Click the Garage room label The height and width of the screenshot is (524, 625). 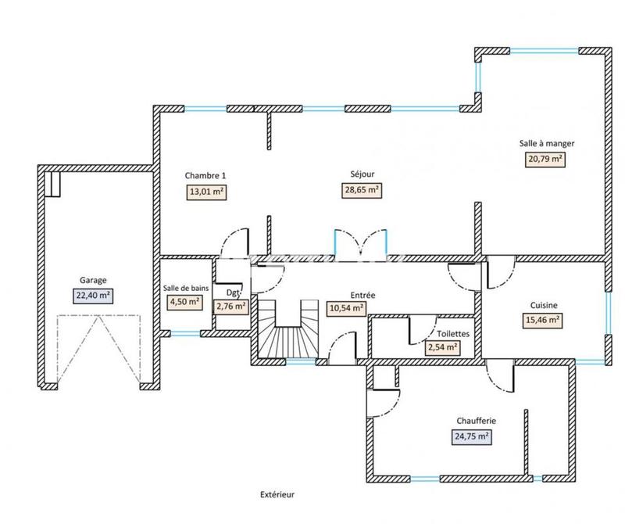pos(93,279)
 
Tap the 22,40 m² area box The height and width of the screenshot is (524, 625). pos(93,295)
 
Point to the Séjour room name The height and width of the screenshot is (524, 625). pos(362,175)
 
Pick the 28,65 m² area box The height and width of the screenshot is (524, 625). pos(362,190)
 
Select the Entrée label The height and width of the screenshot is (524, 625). pos(363,295)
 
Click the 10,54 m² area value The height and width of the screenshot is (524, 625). pos(347,308)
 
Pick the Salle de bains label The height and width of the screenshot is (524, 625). pos(186,288)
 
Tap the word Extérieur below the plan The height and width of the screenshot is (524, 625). pos(279,494)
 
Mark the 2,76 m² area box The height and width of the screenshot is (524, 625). pos(231,306)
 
